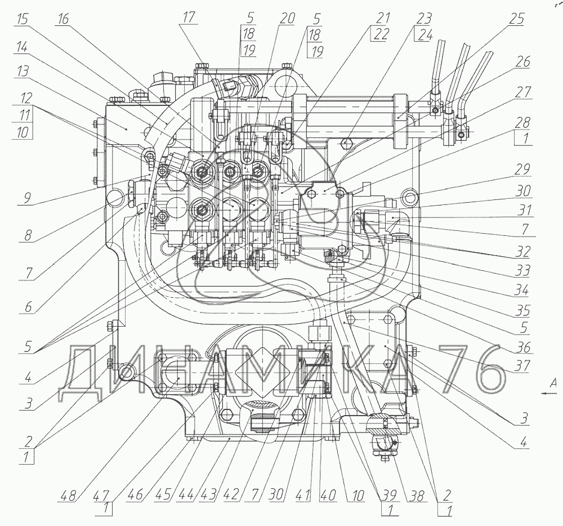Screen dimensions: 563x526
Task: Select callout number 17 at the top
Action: (189, 17)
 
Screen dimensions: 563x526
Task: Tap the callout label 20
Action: (287, 18)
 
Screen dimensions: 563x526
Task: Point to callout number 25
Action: (517, 19)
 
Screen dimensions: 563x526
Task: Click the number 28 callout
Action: (522, 123)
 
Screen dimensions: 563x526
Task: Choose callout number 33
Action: (522, 270)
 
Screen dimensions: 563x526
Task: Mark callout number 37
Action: (522, 365)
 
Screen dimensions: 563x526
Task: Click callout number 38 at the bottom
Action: (416, 496)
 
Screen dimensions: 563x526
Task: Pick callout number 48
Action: (69, 496)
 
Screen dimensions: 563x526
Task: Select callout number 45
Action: (163, 496)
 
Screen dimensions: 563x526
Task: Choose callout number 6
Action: (28, 307)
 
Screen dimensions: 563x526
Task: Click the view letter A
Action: (554, 382)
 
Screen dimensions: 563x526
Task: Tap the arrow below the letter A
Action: (549, 394)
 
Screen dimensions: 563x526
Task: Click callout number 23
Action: (424, 18)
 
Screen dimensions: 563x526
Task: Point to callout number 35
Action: (522, 310)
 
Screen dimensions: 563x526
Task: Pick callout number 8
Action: (28, 235)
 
